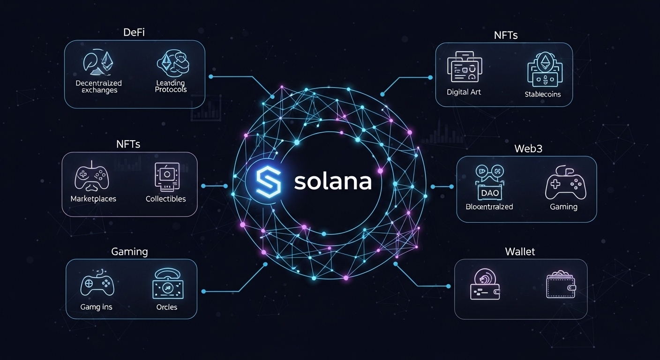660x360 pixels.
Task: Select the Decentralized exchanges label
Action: pos(98,87)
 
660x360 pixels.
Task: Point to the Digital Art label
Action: pos(464,92)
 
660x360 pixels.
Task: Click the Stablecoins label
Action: pos(543,94)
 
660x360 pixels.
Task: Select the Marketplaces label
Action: pos(93,199)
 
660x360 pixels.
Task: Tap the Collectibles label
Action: pos(165,199)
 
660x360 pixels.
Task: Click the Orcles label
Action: pos(166,307)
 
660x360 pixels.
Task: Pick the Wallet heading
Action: pos(520,252)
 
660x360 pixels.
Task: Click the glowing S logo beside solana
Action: pos(269,182)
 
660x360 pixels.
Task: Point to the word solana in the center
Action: pos(333,182)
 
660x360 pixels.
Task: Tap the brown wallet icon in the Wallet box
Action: pos(561,285)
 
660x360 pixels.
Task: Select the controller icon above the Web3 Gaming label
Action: pos(565,185)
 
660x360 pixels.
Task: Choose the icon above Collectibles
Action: pos(166,176)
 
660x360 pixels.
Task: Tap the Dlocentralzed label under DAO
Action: pos(489,207)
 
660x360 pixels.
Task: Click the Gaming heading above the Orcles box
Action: pos(129,251)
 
